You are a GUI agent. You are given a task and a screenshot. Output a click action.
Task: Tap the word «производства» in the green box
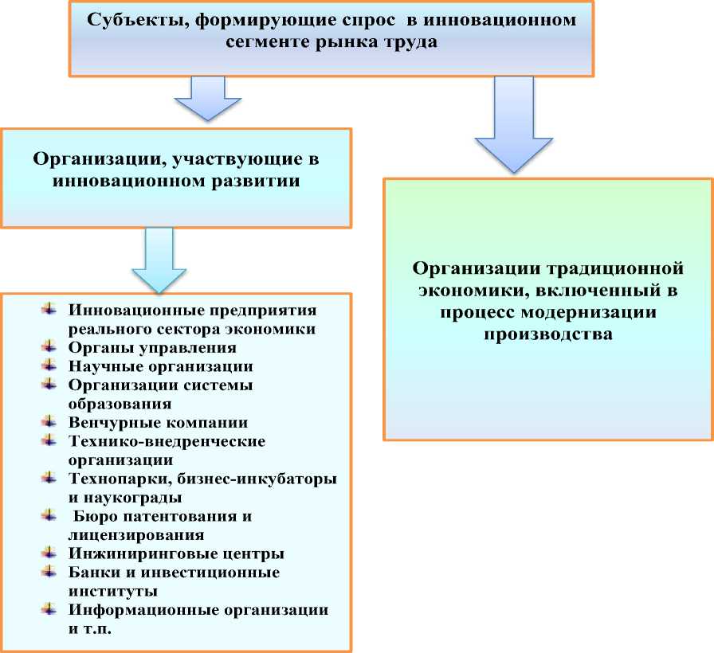tap(548, 334)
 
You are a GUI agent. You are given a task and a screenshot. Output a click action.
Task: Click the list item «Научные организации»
tap(161, 366)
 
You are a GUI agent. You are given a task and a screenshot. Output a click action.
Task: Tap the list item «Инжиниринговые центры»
tap(177, 553)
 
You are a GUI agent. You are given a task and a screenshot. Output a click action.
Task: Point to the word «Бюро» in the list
tap(92, 516)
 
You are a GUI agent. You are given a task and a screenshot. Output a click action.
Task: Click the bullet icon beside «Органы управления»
tap(50, 346)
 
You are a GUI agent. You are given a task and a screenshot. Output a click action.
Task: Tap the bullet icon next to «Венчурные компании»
tap(50, 421)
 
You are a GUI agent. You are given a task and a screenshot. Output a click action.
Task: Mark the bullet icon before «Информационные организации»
tap(50, 609)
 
